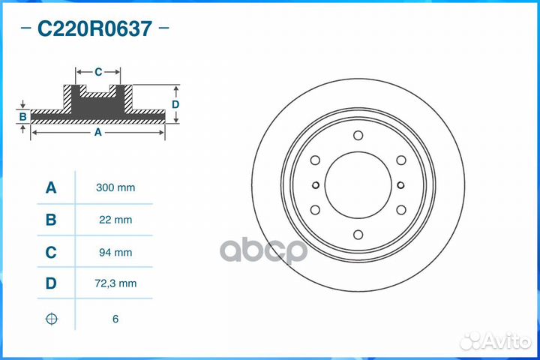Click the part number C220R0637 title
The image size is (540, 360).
tap(95, 29)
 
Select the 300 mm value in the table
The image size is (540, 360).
tap(115, 187)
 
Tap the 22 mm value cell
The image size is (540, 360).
tap(115, 220)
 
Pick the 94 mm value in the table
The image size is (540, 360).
tap(115, 253)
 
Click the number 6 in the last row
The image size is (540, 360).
tap(115, 319)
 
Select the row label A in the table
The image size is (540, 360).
tap(51, 187)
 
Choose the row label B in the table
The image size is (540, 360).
tap(51, 220)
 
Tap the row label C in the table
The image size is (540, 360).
tap(51, 253)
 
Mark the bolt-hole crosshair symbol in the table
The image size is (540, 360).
tap(51, 319)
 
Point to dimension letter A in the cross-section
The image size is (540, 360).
tap(97, 132)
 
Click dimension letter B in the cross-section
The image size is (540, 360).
tap(23, 116)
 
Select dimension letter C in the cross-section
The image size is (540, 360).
tap(98, 72)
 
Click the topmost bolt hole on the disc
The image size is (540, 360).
tap(358, 136)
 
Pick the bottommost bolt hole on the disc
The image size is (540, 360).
tap(358, 234)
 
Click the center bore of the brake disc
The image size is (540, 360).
tap(358, 185)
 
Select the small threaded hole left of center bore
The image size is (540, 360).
tap(316, 185)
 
